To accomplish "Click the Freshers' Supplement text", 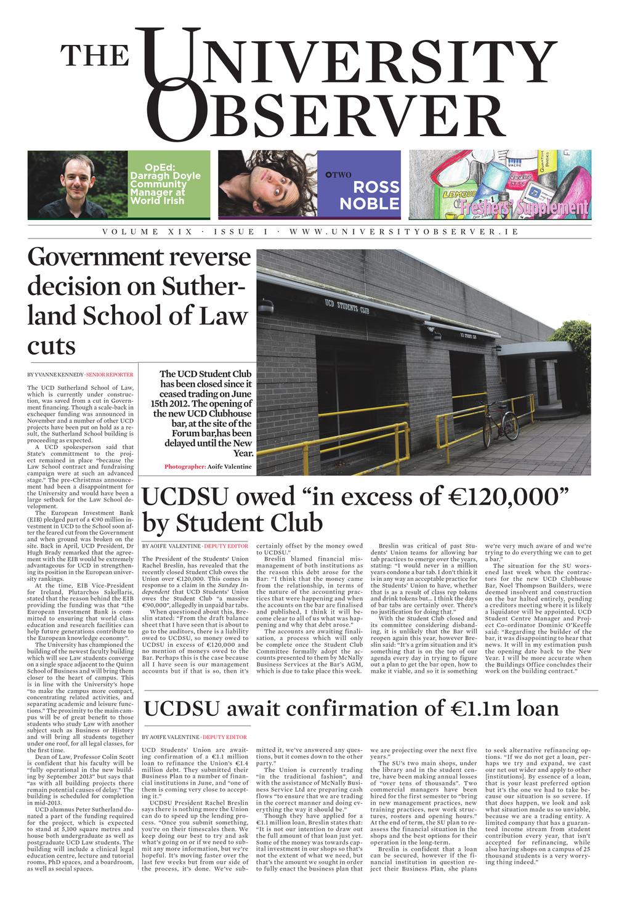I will (x=540, y=207).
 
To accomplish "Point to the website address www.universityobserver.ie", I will (x=403, y=232).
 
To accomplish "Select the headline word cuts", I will (x=51, y=346).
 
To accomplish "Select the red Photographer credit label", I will (x=185, y=466).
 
